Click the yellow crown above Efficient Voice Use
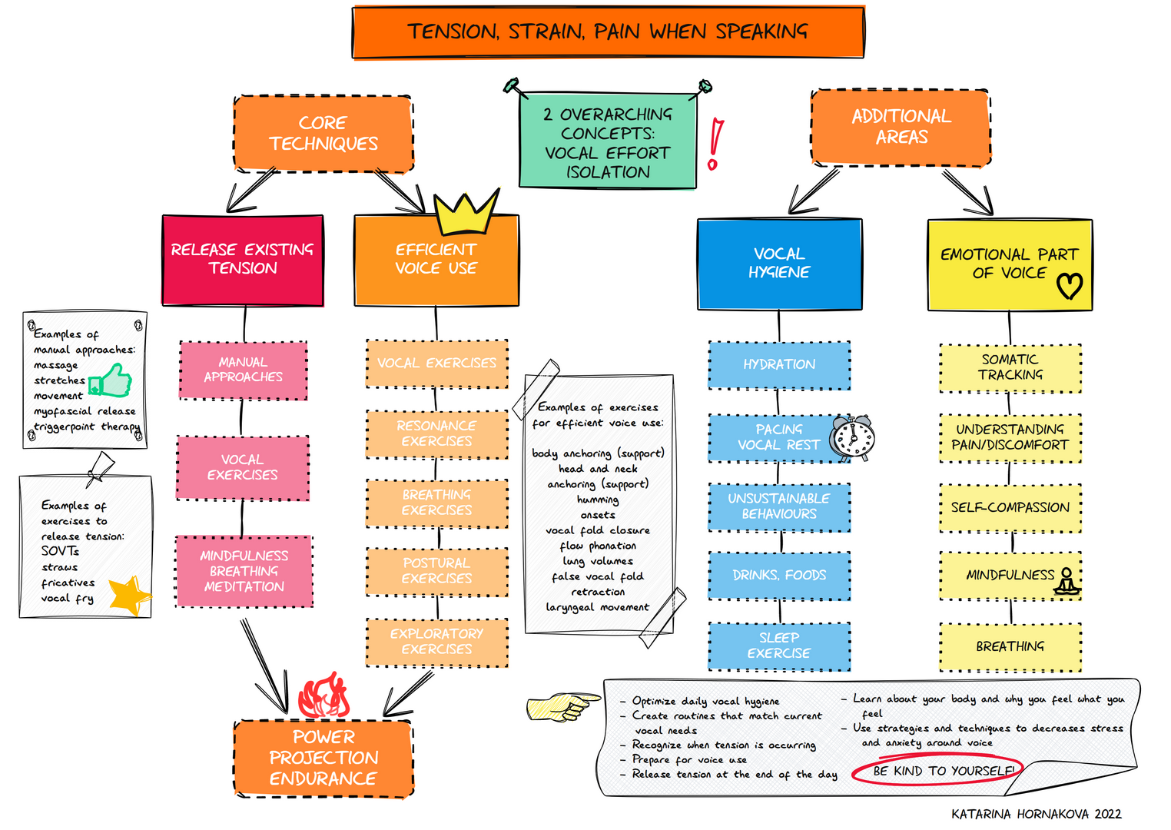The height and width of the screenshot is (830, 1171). point(466,214)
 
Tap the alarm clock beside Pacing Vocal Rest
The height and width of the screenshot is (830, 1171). point(853,438)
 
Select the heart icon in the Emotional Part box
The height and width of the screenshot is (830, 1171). point(1069,286)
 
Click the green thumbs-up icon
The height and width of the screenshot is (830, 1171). point(111,380)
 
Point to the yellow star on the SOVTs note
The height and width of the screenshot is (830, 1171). point(128,596)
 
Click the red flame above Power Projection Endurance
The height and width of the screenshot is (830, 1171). point(323,696)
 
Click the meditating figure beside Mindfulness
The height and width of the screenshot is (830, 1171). point(1067,581)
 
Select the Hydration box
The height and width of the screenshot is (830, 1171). point(779,365)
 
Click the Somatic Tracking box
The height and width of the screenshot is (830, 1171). point(1010,367)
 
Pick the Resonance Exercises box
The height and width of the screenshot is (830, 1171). point(436,433)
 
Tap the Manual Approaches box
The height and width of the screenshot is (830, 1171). point(243,370)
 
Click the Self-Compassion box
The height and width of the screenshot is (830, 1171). point(1010,507)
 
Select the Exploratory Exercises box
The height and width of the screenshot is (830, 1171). point(436,642)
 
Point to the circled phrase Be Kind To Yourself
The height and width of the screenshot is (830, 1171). point(944,771)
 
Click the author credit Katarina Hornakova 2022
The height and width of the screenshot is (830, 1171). point(1036,814)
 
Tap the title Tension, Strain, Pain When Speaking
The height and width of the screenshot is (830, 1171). point(608,32)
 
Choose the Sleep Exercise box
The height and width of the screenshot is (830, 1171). point(779,646)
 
